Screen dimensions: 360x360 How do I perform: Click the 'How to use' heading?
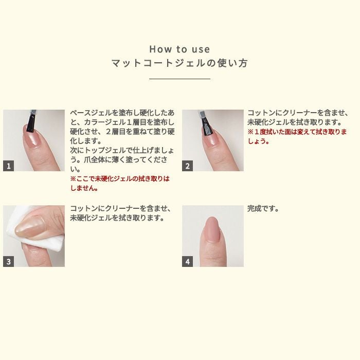pos(179,49)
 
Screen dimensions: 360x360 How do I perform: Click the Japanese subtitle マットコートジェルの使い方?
pos(179,63)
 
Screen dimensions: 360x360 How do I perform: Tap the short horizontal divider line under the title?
pos(179,79)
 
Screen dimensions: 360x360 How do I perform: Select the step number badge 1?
pos(9,166)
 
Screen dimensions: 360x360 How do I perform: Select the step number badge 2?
pos(188,166)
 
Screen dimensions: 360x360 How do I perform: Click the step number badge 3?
pos(9,261)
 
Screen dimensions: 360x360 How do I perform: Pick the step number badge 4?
pos(188,261)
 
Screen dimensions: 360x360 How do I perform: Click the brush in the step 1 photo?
pos(31,120)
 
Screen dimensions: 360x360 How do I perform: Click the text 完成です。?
pos(263,209)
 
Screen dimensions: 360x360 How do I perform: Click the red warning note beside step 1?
pos(120,183)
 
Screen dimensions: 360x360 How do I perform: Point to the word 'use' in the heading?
pos(200,49)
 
